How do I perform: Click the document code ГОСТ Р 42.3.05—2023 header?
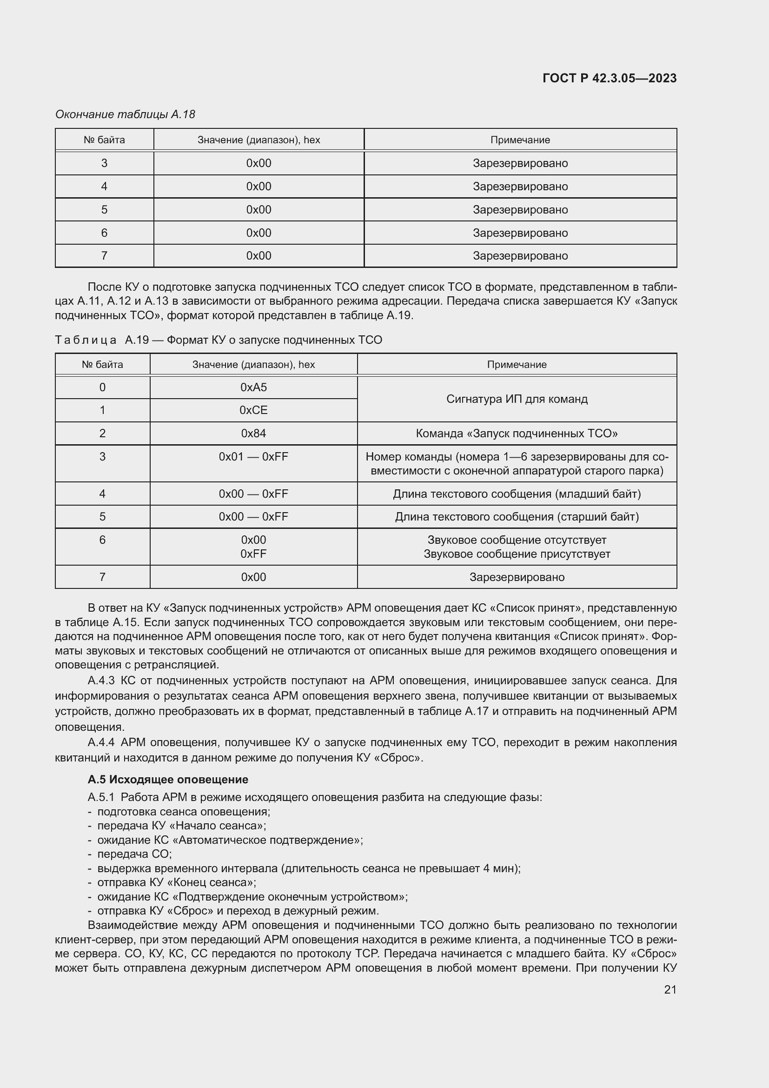[609, 78]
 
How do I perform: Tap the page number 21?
[670, 989]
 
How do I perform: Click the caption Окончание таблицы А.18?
[125, 114]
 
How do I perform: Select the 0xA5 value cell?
[253, 387]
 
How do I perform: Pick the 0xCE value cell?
[253, 410]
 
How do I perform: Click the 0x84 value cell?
[253, 433]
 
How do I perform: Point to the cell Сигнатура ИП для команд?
[517, 399]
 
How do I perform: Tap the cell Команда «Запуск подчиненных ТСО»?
[517, 433]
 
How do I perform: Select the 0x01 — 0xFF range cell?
[253, 456]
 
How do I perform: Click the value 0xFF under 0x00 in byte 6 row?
[253, 554]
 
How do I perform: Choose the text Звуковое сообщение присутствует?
[517, 554]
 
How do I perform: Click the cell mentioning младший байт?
[517, 494]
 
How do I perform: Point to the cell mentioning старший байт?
[517, 516]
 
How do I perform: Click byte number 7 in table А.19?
[102, 577]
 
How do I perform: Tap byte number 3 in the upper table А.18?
[104, 163]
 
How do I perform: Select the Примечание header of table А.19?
[517, 364]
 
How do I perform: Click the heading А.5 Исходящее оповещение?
[168, 780]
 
